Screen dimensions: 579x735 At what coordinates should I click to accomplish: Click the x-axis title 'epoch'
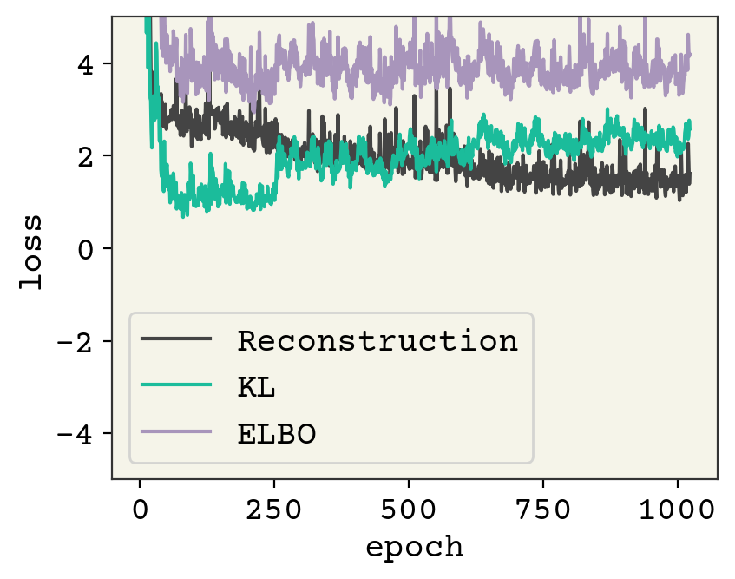pyautogui.click(x=414, y=548)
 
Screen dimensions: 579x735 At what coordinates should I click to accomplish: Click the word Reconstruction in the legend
pyautogui.click(x=378, y=341)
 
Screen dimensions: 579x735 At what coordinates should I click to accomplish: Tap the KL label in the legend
pyautogui.click(x=257, y=387)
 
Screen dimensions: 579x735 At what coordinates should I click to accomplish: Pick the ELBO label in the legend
pyautogui.click(x=276, y=433)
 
